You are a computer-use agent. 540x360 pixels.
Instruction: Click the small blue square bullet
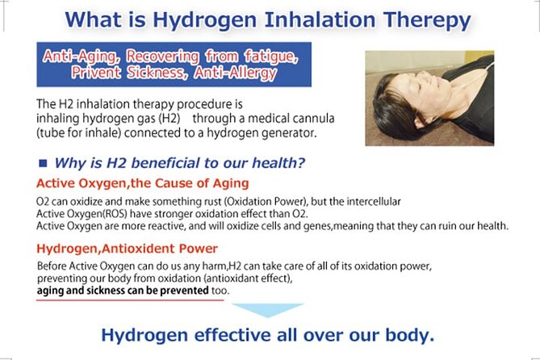pyautogui.click(x=43, y=163)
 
